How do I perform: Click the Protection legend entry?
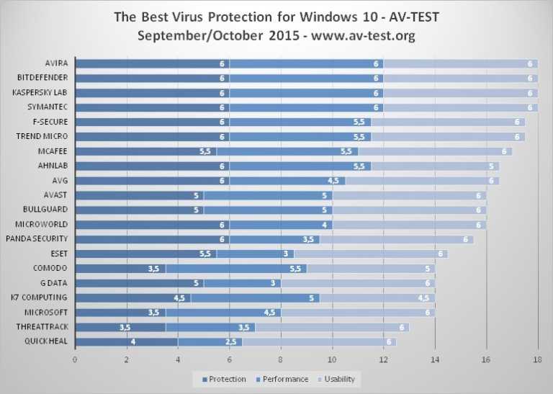coord(225,379)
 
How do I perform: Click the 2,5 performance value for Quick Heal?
coord(231,341)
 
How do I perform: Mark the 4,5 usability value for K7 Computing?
coord(423,297)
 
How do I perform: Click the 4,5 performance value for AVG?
coord(333,181)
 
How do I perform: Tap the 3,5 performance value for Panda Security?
coord(308,239)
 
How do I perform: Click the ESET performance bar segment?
coord(252,254)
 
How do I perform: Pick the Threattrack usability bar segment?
coord(331,327)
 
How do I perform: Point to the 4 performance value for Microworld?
coord(324,225)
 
